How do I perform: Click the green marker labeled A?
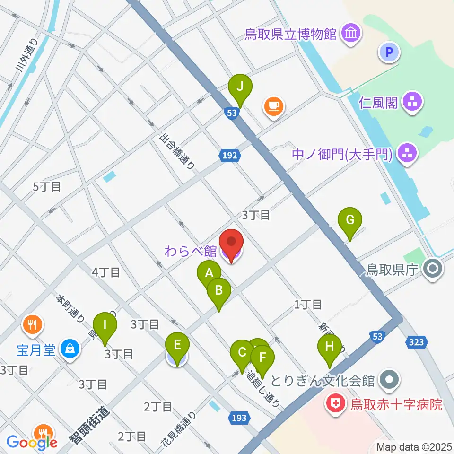(209, 273)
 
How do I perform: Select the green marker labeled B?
(218, 290)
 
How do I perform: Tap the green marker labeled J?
(240, 87)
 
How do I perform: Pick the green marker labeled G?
(350, 220)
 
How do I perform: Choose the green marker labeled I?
(105, 325)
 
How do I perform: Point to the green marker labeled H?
(330, 347)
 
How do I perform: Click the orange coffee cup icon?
(274, 105)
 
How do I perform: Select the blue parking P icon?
(389, 52)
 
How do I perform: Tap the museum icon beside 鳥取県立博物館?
(351, 34)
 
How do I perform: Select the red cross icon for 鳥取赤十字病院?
(335, 405)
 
